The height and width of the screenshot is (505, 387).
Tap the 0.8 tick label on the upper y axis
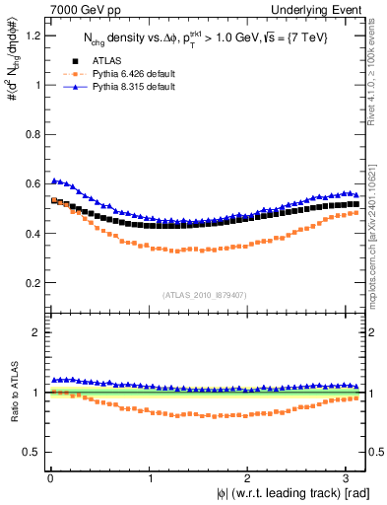[x=31, y=134]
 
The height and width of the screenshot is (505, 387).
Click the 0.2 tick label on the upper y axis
[x=31, y=283]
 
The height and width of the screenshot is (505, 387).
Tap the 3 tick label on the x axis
[x=348, y=477]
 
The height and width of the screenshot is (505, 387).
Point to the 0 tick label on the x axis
[x=49, y=477]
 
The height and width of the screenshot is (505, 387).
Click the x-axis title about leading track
[x=292, y=493]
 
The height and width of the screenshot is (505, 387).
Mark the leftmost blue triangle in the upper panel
[x=54, y=180]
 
